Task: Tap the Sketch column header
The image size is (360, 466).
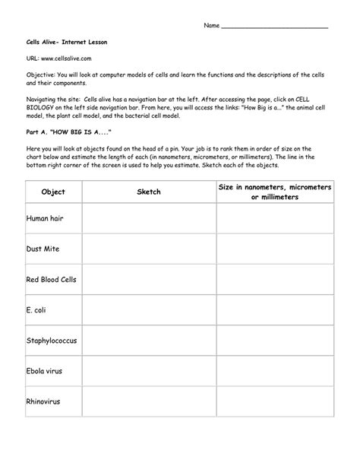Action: (149, 192)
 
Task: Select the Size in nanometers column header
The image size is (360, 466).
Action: (275, 192)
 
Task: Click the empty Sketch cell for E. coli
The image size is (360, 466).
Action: (149, 311)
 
